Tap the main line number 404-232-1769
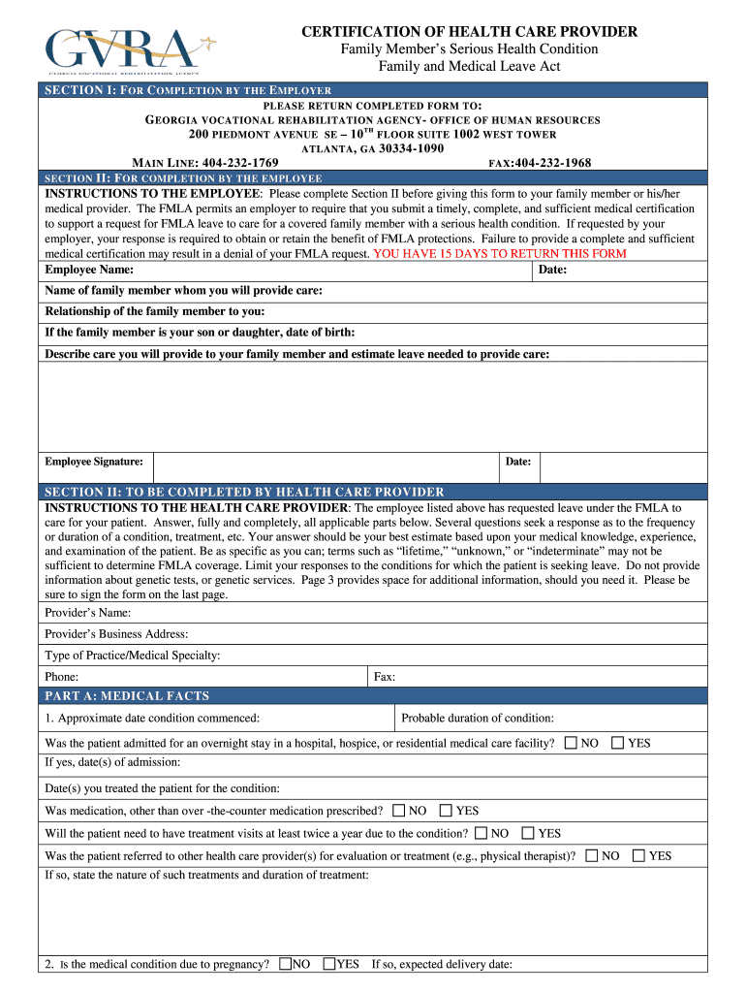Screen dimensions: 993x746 pyautogui.click(x=238, y=163)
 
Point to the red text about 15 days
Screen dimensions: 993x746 pyautogui.click(x=500, y=253)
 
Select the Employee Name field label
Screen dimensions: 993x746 pyautogui.click(x=89, y=270)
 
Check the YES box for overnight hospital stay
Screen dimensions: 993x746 pyautogui.click(x=617, y=743)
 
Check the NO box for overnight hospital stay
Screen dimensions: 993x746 pyautogui.click(x=571, y=743)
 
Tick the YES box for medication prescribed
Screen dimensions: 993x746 pyautogui.click(x=446, y=811)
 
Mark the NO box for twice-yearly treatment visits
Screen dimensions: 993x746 pyautogui.click(x=481, y=833)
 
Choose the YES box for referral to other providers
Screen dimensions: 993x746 pyautogui.click(x=638, y=855)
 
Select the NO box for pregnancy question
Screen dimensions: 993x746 pyautogui.click(x=285, y=964)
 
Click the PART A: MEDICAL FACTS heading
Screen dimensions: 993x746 pyautogui.click(x=127, y=696)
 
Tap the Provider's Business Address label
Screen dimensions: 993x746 pyautogui.click(x=116, y=634)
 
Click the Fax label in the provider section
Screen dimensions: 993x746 pyautogui.click(x=385, y=677)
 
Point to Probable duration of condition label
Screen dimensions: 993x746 pyautogui.click(x=478, y=719)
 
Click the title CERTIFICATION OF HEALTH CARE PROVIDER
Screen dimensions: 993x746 pyautogui.click(x=469, y=32)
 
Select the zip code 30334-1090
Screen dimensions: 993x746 pyautogui.click(x=411, y=148)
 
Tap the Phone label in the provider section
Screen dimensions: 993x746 pyautogui.click(x=62, y=677)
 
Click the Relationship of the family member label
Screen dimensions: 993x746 pyautogui.click(x=155, y=311)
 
